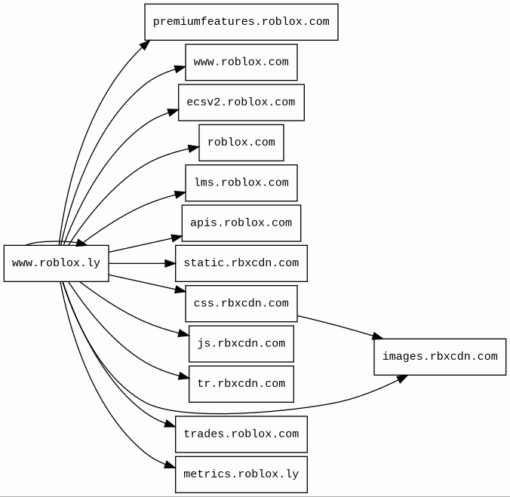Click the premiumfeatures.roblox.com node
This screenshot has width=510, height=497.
point(241,22)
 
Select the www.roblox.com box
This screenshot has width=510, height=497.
point(241,62)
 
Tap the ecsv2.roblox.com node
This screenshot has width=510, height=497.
point(241,103)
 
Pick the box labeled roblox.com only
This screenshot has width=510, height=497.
point(241,143)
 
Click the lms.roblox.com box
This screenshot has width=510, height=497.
point(241,183)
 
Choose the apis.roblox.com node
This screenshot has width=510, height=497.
point(241,223)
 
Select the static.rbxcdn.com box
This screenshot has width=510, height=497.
point(241,263)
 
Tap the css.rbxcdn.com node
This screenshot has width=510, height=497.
point(241,304)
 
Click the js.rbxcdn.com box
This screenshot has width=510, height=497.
point(241,344)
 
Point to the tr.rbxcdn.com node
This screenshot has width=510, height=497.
point(241,384)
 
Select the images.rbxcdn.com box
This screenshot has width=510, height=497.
point(440,357)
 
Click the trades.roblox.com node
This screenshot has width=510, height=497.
point(241,434)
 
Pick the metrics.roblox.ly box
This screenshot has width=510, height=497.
point(241,474)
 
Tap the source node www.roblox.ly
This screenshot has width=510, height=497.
point(57,263)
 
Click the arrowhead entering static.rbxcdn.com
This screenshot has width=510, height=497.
point(170,263)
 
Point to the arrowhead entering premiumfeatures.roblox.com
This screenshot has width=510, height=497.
point(145,44)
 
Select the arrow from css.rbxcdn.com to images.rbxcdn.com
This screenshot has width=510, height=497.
point(340,327)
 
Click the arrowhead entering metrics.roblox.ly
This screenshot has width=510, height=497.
point(170,465)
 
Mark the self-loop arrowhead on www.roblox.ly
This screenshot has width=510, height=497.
point(81,243)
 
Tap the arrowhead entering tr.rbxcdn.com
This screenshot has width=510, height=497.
point(184,376)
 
